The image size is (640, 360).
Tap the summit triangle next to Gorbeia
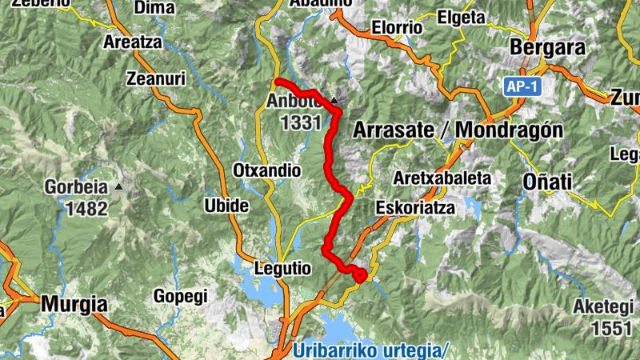[119, 187]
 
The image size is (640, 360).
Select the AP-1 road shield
[520, 86]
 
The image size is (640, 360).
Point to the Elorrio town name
[397, 27]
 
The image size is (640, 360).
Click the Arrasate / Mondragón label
[458, 130]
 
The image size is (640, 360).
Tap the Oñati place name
[547, 182]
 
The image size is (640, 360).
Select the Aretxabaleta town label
[442, 178]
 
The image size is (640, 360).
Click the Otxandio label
[266, 170]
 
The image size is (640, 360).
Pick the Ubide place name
[226, 205]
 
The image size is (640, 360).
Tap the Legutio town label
[282, 269]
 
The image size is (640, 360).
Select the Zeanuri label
[157, 78]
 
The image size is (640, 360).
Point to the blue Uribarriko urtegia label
[372, 350]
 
